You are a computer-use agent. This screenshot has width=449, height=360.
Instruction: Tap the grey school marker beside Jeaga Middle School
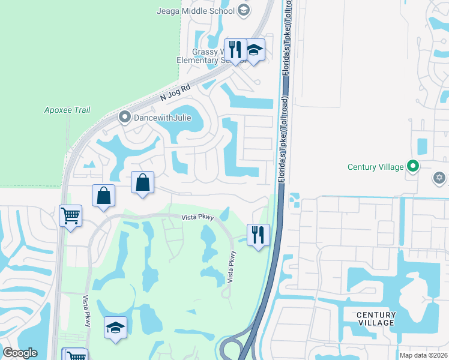tap(243, 10)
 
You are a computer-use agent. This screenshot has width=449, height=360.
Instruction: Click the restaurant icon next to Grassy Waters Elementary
tap(235, 49)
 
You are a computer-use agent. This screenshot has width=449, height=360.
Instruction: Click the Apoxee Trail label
tap(67, 110)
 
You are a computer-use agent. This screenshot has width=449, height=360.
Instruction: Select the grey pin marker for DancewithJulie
tap(125, 117)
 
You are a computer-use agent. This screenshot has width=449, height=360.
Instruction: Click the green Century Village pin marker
tap(412, 166)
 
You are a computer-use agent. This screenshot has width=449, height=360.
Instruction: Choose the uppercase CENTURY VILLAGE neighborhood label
tap(376, 319)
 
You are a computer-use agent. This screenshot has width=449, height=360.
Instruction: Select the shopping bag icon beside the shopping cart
tap(103, 196)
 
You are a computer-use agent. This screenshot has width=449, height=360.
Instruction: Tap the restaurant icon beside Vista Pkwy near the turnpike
tap(258, 235)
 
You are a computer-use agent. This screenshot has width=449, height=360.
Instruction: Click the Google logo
tap(20, 353)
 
